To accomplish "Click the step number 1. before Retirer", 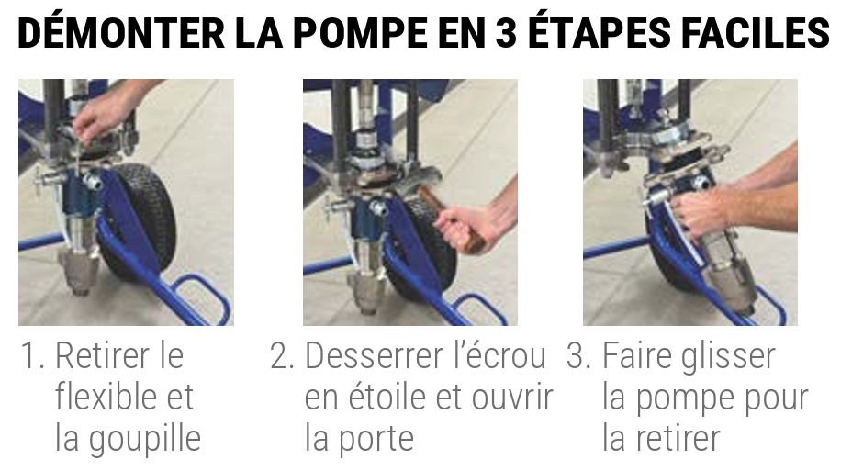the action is tap(32, 356).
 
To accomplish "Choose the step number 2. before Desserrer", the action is tap(282, 356).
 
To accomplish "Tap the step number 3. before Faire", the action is tap(578, 356).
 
